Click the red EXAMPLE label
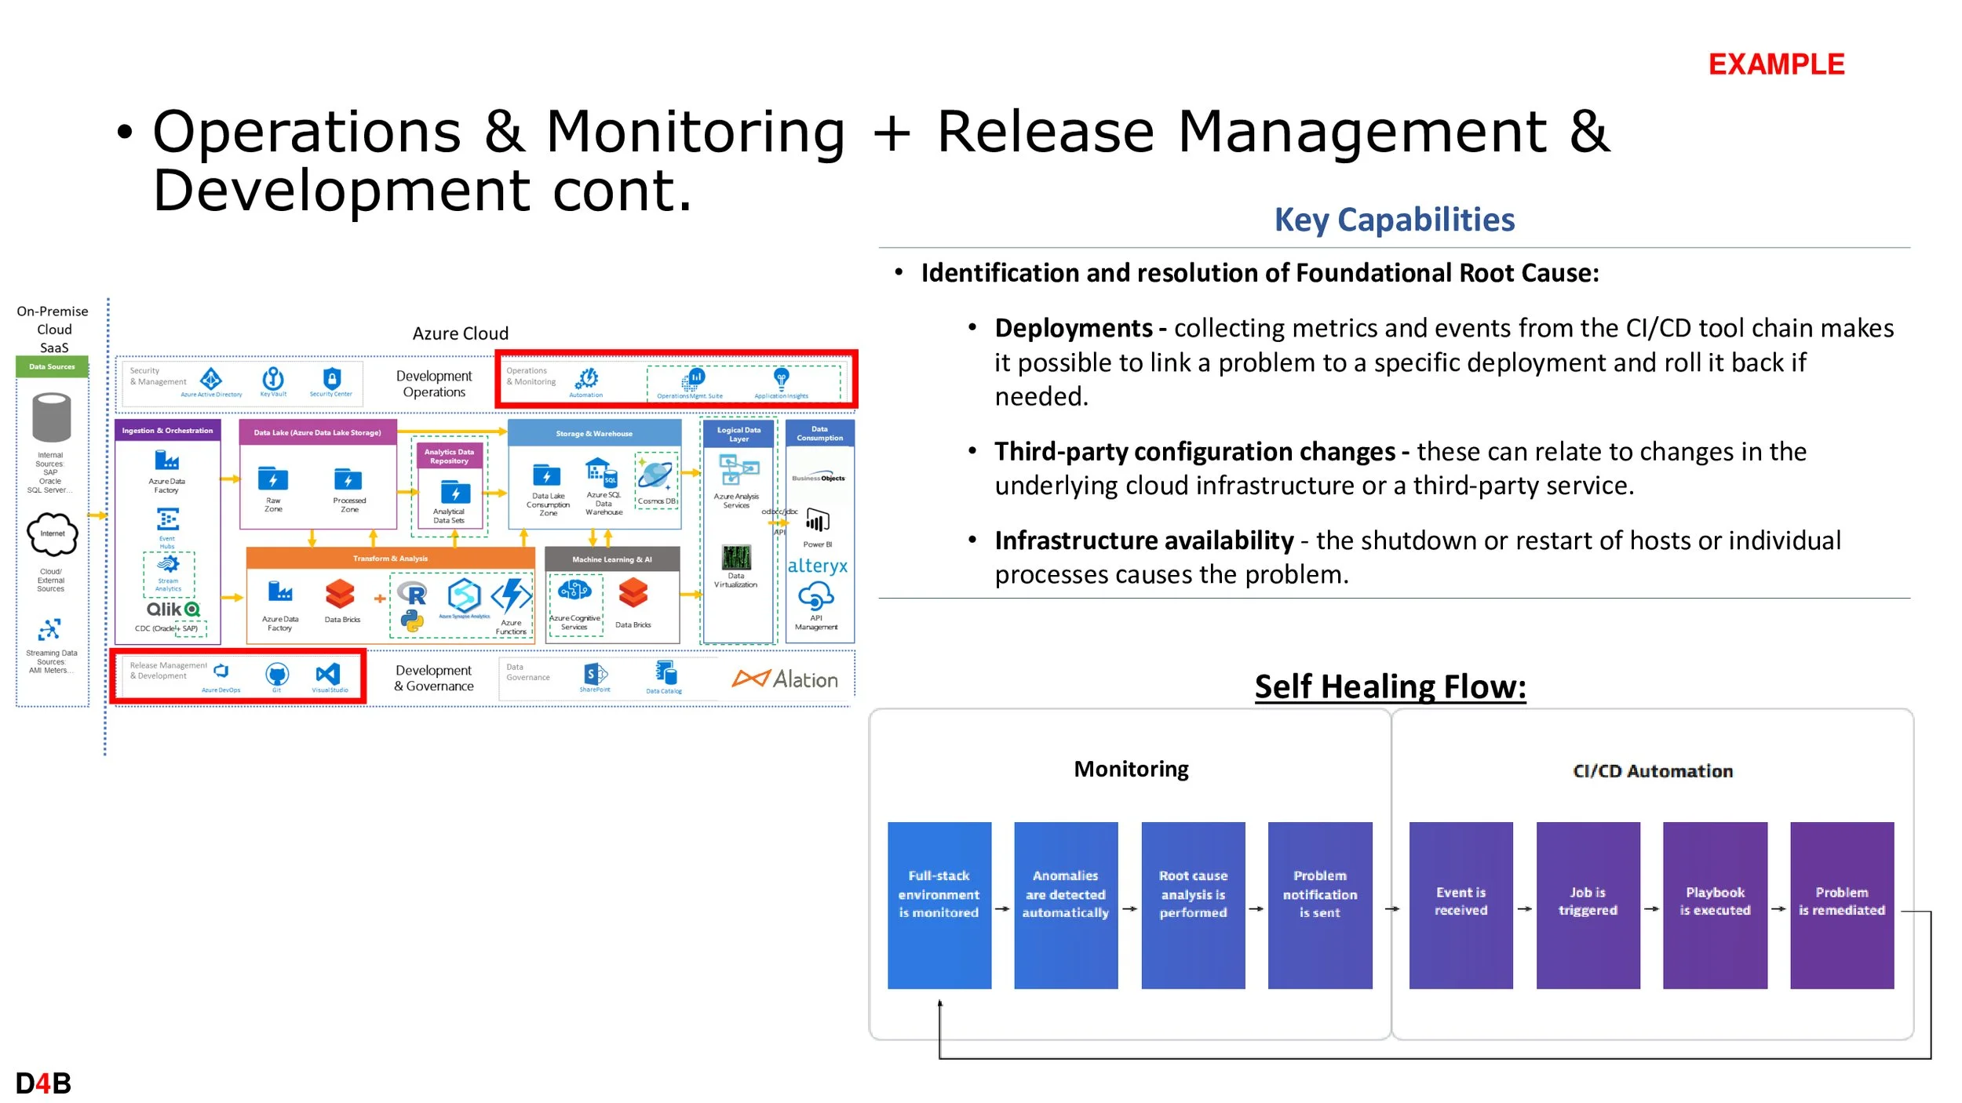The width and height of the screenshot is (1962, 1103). tap(1776, 64)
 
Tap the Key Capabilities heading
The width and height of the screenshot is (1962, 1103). tap(1394, 220)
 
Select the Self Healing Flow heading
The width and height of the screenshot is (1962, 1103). tap(1390, 686)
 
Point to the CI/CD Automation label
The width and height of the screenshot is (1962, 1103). tap(1653, 771)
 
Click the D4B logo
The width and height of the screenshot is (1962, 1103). tap(43, 1083)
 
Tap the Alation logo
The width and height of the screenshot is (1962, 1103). tap(785, 679)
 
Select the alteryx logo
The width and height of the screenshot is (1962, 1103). tap(817, 566)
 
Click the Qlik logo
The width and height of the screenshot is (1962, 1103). tap(173, 610)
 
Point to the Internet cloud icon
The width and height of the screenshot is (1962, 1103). tap(53, 534)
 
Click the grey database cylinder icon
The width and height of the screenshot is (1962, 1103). tap(52, 417)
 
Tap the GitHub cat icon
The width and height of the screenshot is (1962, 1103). tap(277, 674)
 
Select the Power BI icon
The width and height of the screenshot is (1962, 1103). tap(817, 522)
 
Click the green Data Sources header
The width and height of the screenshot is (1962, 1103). tap(52, 366)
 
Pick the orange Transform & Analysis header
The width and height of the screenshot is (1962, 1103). tap(390, 559)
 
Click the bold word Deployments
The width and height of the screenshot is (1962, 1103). tap(1073, 328)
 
